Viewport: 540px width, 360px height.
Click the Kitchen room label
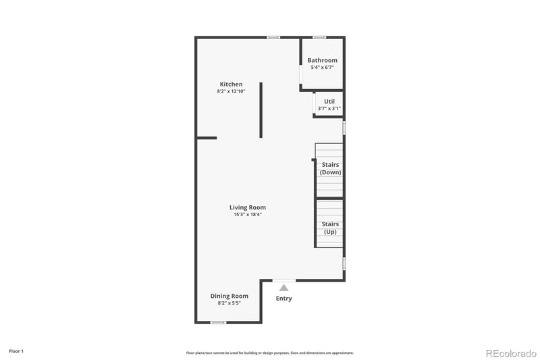[230, 84]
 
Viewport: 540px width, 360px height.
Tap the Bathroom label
[322, 60]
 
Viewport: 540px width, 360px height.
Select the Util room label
[329, 101]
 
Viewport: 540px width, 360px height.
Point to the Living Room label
[247, 207]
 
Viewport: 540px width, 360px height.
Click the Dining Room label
[229, 296]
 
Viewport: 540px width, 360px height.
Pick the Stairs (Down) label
[330, 168]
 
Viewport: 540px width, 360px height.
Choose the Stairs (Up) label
[330, 228]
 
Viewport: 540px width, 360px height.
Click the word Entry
[284, 299]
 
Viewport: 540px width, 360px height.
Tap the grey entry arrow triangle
[284, 288]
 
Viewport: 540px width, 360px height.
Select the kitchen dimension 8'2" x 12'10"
[230, 91]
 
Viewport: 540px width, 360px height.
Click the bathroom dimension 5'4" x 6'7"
[322, 67]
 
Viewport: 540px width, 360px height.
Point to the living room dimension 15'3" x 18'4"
[247, 215]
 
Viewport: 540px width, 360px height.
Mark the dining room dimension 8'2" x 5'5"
[229, 303]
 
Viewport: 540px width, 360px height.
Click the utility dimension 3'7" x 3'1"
[329, 108]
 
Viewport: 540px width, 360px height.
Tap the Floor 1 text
[16, 351]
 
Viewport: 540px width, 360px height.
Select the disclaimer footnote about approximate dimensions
[270, 353]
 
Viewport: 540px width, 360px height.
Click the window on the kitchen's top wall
[273, 37]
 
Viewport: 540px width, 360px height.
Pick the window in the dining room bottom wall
[217, 322]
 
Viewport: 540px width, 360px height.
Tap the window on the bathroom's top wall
[319, 37]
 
